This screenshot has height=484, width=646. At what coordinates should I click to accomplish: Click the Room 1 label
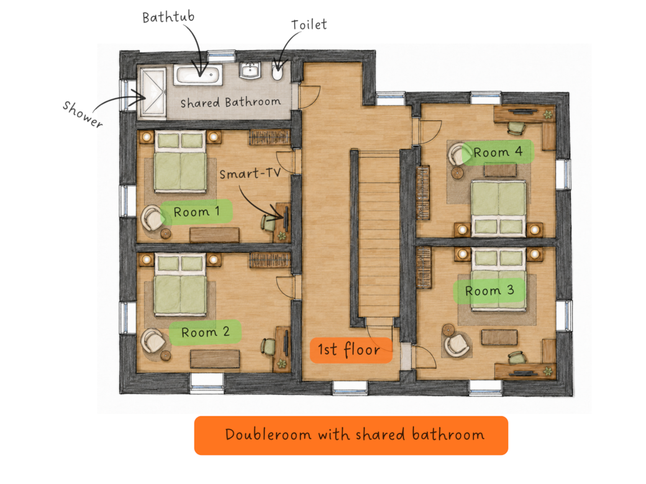(196, 212)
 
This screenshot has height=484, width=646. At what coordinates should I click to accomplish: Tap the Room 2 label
(205, 332)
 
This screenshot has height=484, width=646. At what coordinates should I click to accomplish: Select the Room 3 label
(489, 291)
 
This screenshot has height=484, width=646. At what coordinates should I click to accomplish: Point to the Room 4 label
(498, 152)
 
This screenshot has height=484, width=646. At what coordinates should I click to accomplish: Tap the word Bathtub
(168, 17)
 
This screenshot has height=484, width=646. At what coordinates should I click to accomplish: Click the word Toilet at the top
(309, 25)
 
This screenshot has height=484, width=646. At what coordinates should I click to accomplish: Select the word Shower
(83, 114)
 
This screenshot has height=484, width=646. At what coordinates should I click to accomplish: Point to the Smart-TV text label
(250, 173)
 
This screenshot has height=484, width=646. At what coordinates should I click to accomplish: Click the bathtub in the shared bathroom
(198, 75)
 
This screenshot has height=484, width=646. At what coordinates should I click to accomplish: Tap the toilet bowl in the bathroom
(278, 71)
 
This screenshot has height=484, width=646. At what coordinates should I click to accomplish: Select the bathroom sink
(250, 70)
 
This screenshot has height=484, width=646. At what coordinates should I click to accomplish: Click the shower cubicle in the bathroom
(153, 94)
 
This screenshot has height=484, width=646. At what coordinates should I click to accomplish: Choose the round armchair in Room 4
(458, 155)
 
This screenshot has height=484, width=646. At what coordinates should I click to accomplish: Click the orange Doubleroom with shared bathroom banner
(351, 436)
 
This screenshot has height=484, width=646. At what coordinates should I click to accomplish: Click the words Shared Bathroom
(230, 102)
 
